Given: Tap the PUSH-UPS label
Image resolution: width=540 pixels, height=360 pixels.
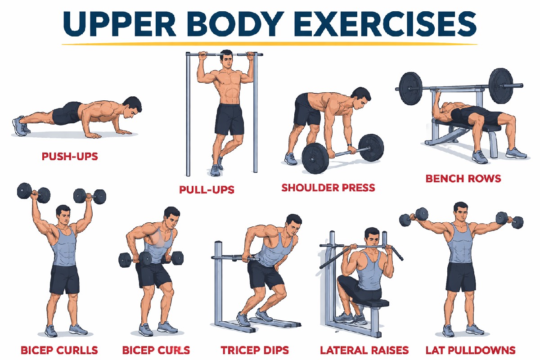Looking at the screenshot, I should [x=70, y=157].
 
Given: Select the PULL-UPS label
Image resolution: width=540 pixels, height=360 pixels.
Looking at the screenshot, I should [x=207, y=189].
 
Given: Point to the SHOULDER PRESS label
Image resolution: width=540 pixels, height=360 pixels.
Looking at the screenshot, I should [x=328, y=187].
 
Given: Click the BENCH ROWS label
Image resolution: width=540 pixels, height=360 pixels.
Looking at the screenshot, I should [x=463, y=179].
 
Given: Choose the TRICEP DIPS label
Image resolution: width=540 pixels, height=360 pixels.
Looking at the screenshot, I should [x=255, y=350].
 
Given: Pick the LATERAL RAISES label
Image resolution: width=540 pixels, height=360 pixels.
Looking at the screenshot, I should [x=364, y=350].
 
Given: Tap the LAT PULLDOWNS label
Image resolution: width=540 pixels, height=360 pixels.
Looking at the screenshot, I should [x=471, y=350].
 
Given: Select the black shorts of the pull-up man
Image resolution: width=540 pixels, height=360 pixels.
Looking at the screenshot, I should [x=229, y=119].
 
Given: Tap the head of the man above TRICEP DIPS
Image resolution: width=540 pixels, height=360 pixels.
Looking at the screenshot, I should [x=293, y=224].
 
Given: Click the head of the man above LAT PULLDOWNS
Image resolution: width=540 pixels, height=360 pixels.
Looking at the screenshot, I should [x=461, y=212].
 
